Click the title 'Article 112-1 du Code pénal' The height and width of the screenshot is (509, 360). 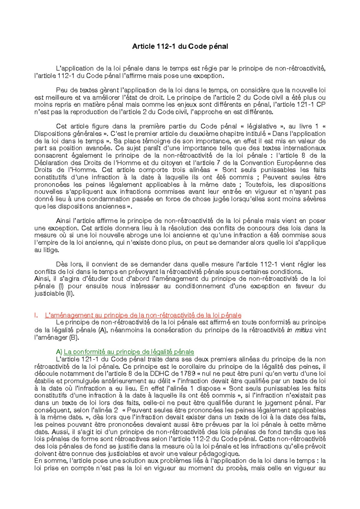tap(180, 47)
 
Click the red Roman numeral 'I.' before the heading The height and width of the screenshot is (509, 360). tap(36, 315)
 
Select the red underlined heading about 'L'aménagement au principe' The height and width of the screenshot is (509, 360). tap(143, 315)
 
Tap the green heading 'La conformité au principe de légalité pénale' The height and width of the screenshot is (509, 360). tap(129, 352)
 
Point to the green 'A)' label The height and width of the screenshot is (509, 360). tap(59, 352)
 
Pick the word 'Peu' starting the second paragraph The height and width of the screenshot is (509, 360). tap(61, 90)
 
